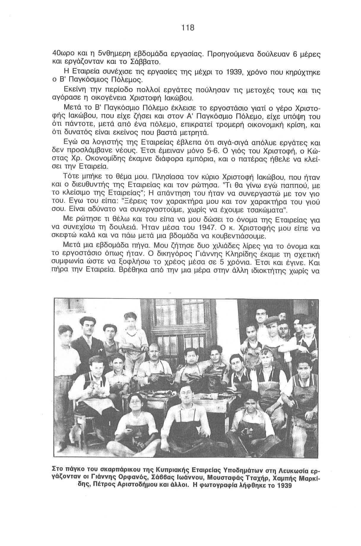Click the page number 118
coord(188,28)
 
